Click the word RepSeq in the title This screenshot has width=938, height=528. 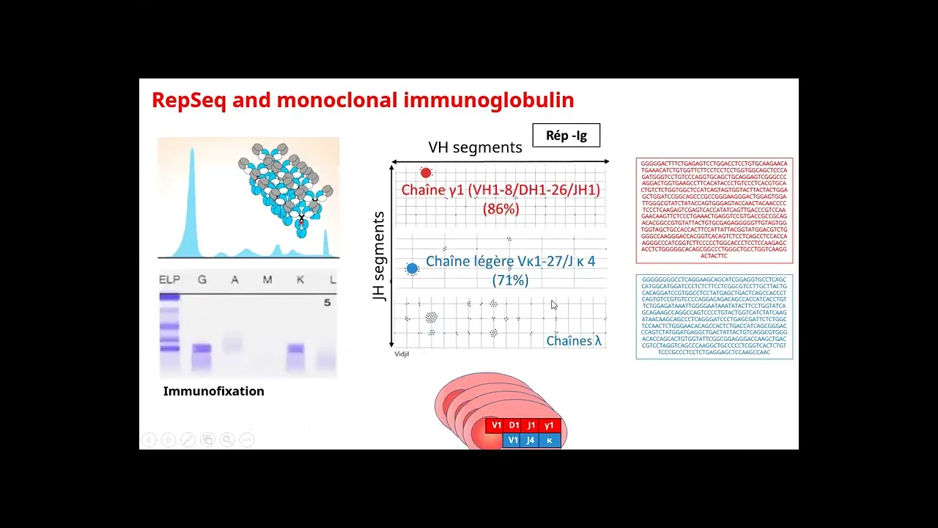coord(188,100)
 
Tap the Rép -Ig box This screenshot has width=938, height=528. coord(566,136)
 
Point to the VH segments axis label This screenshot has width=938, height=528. coord(475,147)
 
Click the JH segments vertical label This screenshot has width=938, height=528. coord(379,256)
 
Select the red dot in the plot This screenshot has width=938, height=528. coord(426,173)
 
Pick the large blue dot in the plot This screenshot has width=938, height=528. coord(412,268)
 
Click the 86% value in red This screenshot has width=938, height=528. coord(501,209)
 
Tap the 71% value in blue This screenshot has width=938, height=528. coord(510,280)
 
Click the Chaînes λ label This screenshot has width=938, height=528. coord(575,341)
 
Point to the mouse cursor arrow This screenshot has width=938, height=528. coord(554,304)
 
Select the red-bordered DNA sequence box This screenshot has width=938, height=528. coord(714,210)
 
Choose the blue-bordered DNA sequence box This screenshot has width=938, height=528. coord(714,317)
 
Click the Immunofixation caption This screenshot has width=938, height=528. coord(213,392)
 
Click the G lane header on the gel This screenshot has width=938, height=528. coord(202,280)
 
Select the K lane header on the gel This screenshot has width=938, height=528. coord(300,280)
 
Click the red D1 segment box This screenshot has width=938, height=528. coord(514,425)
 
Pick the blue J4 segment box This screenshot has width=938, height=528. coord(531,441)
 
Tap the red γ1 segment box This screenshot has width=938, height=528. coord(549,425)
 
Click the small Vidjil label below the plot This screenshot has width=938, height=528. coord(402,354)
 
